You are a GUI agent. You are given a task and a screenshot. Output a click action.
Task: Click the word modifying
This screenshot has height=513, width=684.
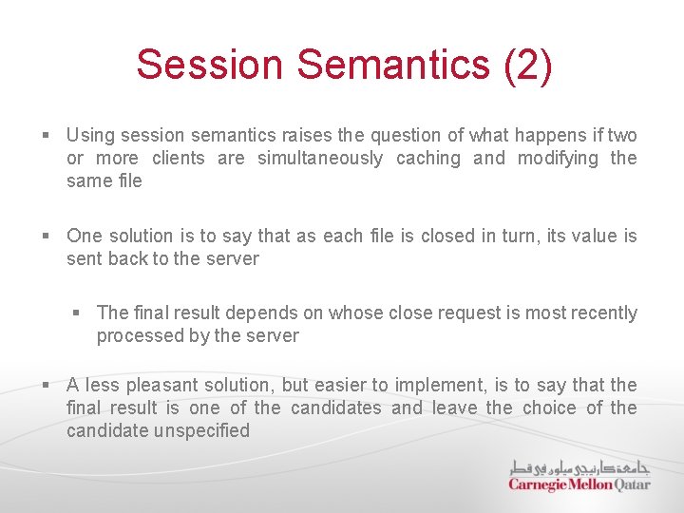[x=558, y=158]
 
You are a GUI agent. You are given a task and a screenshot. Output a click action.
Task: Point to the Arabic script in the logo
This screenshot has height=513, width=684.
[x=579, y=466]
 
